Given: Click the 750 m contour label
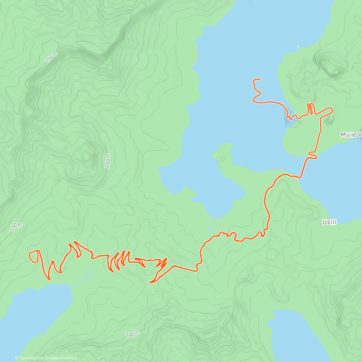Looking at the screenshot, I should click(51, 57).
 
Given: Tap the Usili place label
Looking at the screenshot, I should click(329, 222).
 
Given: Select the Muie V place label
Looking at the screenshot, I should click(351, 135).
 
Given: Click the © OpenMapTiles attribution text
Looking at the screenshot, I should click(30, 358).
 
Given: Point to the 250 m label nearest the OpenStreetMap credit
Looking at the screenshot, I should click(132, 334).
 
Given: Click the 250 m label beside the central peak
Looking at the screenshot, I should click(108, 160).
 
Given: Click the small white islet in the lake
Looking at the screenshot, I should click(298, 46).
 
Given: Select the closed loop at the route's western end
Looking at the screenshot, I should click(34, 256).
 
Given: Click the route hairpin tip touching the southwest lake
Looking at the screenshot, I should click(49, 279).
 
